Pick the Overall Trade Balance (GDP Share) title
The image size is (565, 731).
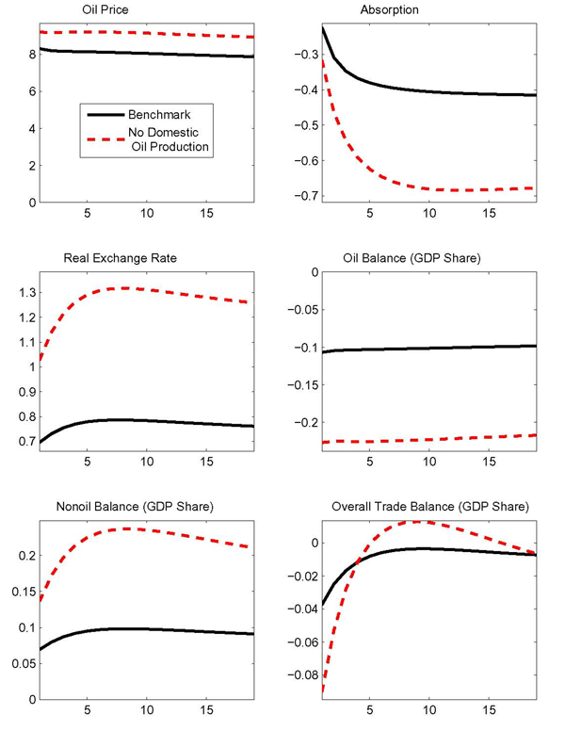tap(412, 508)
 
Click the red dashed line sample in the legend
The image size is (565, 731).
tap(106, 134)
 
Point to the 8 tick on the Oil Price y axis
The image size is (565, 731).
tap(31, 55)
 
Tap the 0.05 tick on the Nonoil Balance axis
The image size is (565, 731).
tap(23, 663)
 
